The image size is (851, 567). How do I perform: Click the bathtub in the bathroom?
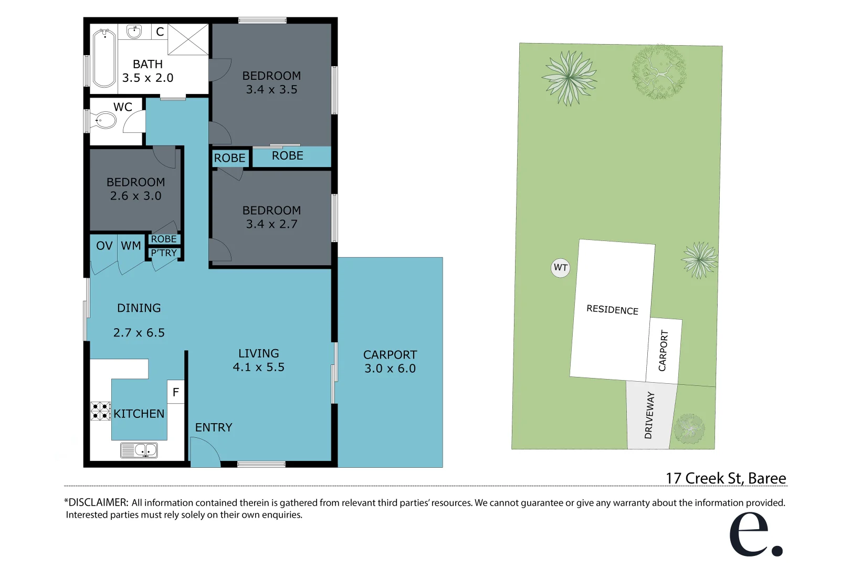tap(104, 58)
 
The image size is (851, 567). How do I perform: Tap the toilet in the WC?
tap(104, 121)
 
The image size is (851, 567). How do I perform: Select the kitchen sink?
tap(139, 450)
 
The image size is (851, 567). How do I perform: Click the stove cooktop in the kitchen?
tap(100, 411)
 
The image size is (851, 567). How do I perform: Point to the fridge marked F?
tap(176, 392)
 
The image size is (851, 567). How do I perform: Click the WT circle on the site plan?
tap(560, 268)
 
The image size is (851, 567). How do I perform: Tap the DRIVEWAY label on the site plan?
tap(649, 415)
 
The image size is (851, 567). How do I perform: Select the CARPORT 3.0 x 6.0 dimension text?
tap(390, 369)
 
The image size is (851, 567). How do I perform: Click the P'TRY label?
tap(164, 253)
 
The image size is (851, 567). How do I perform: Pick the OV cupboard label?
tap(104, 246)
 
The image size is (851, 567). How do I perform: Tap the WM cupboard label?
tap(131, 246)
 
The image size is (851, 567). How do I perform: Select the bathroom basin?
tap(134, 31)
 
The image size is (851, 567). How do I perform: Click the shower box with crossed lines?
tap(188, 39)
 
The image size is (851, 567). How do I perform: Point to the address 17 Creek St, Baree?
tap(726, 478)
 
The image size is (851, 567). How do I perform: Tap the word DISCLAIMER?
tap(98, 502)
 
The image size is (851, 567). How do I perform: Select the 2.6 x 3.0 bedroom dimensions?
tap(136, 196)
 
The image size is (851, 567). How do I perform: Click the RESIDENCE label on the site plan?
tap(612, 310)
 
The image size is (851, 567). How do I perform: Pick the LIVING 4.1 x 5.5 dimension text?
tap(258, 367)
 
